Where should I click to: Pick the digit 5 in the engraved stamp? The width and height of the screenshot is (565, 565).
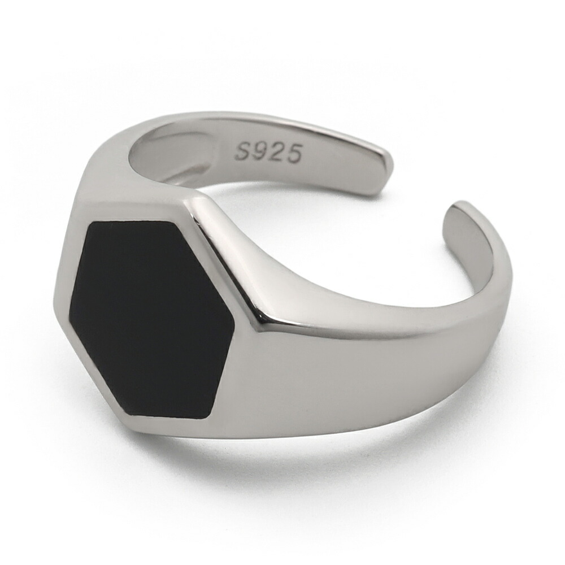coord(293,153)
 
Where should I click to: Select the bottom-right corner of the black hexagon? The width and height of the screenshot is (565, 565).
coord(210,418)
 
